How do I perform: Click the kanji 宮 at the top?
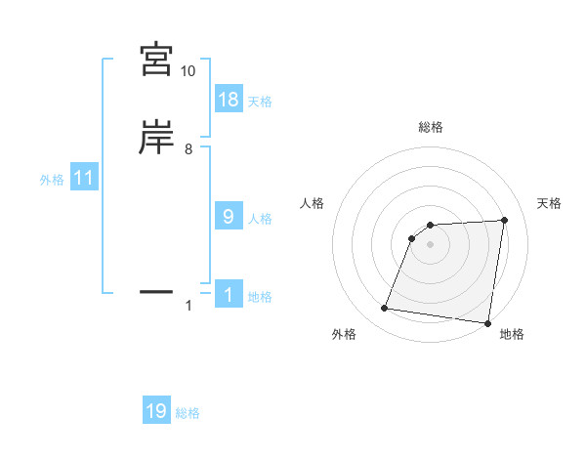point(156,60)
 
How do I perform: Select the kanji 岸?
point(156,138)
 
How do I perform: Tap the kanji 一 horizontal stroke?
point(156,291)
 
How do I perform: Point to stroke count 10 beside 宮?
point(188,71)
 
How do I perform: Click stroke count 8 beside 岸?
point(188,149)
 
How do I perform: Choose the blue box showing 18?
point(229,100)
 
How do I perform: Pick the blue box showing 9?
point(229,217)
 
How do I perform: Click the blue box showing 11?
point(84,179)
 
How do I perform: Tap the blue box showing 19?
point(156,412)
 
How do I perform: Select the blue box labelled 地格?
point(229,295)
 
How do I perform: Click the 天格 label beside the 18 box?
point(260,102)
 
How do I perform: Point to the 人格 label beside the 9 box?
point(260,219)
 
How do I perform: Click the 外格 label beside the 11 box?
point(52,180)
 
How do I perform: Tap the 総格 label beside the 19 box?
point(188,414)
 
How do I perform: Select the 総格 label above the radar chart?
point(431,127)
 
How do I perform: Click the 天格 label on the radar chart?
point(550,203)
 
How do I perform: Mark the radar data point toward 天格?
point(504,220)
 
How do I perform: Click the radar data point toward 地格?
point(487,323)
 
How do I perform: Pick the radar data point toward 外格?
point(385,309)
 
